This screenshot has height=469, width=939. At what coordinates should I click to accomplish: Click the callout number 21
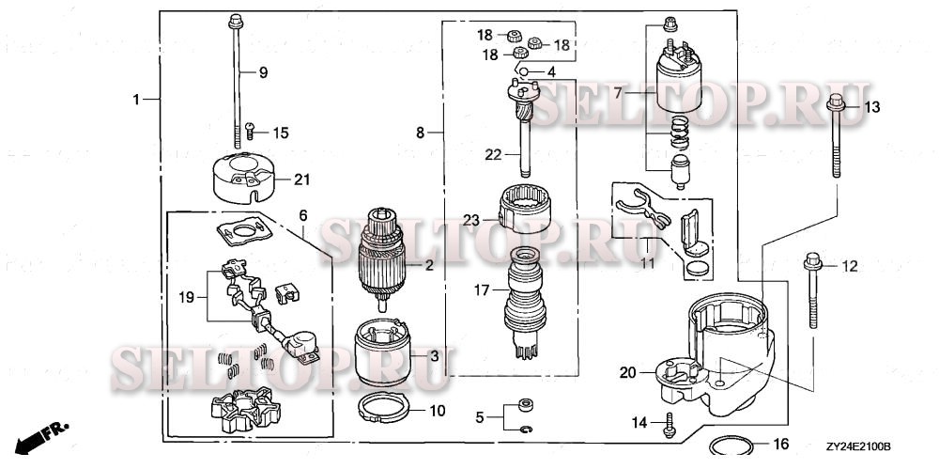click(301, 180)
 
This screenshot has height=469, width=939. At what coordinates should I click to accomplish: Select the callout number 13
click(872, 107)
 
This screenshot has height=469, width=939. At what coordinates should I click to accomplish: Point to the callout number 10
click(439, 411)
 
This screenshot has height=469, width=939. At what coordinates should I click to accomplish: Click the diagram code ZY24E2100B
click(858, 447)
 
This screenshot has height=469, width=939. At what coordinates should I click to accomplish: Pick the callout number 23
click(470, 220)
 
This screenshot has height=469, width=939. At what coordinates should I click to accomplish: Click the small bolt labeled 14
click(669, 423)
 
